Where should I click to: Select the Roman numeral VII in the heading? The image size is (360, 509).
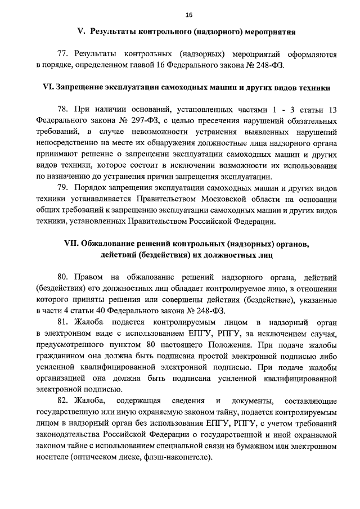tap(73, 245)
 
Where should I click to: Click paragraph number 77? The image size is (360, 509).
tap(62, 55)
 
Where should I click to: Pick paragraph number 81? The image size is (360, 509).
tap(63, 322)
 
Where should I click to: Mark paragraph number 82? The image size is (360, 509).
tap(63, 400)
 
